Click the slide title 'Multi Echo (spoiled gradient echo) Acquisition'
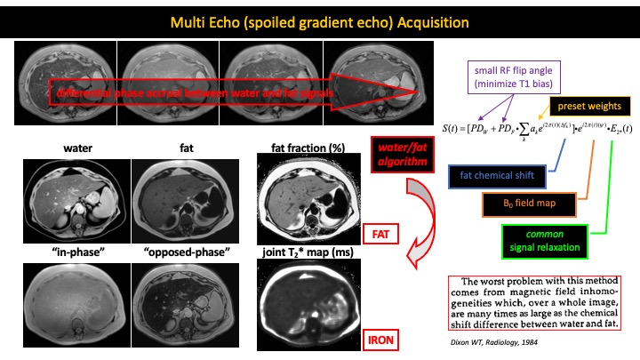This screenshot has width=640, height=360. point(319,20)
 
